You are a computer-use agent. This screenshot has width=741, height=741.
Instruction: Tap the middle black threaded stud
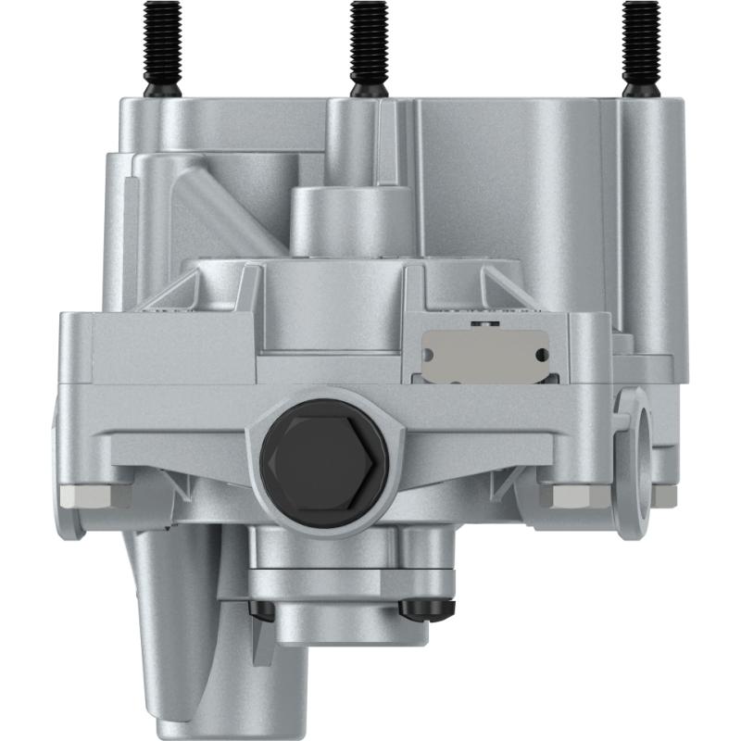click(x=368, y=46)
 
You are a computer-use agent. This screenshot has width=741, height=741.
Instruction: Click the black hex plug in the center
click(x=324, y=462)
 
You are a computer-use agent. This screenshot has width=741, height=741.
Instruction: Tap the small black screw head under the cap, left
click(x=261, y=609)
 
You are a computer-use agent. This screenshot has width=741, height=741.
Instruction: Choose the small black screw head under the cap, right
click(x=429, y=607)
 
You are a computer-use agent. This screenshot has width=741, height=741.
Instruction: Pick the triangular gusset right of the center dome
click(x=482, y=287)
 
